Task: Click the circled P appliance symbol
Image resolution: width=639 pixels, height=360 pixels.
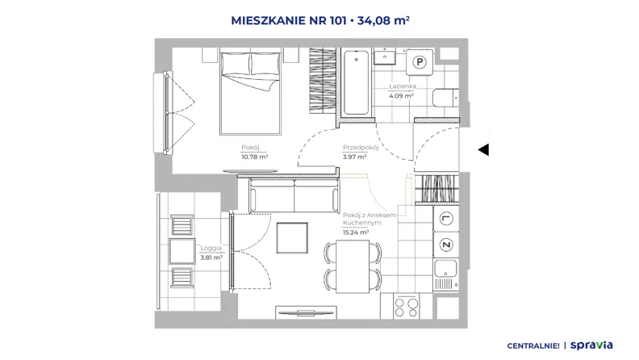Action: pos(420,62)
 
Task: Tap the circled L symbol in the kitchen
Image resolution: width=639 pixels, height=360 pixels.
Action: pos(446,219)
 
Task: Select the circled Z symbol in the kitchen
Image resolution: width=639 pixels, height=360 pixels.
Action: pos(446,245)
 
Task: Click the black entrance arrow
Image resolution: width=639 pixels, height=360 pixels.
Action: pos(483,149)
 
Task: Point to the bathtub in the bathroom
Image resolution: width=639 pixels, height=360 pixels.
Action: pos(356,82)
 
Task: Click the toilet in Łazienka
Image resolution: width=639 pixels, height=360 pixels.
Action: pos(445,98)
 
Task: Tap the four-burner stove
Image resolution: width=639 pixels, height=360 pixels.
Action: pos(407,308)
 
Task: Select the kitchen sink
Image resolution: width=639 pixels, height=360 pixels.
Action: pos(446,269)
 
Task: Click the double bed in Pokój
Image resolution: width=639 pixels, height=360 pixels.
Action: pos(250,91)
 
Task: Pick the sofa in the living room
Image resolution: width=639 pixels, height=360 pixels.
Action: pos(294,195)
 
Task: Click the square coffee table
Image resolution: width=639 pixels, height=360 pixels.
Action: pos(292,237)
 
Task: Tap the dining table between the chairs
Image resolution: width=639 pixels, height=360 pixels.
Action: pos(353,266)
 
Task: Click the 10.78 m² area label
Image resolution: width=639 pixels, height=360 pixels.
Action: pos(255,157)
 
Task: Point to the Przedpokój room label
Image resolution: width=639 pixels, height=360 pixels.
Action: pos(361,148)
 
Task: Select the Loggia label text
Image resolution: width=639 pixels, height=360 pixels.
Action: pos(211,248)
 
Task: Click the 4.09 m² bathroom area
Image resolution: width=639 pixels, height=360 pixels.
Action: pos(401,96)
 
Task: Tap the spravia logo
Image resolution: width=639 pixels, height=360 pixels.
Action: pos(591,345)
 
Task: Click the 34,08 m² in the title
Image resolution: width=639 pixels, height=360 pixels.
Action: pos(383,20)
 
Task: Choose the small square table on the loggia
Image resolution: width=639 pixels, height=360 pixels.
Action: pos(182,251)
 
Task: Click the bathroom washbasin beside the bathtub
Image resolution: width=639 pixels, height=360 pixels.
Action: pos(385,57)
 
